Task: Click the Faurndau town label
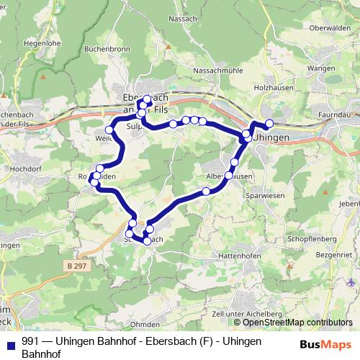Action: click(x=337, y=114)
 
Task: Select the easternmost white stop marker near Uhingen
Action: click(x=270, y=123)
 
